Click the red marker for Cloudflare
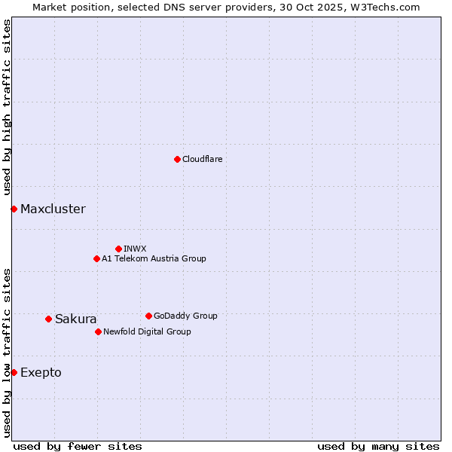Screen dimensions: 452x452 [177, 159]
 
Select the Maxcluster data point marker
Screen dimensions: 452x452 [14, 209]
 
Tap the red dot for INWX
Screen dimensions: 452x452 [118, 249]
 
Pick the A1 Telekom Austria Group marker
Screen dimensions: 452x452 [96, 258]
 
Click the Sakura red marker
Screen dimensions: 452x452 [48, 319]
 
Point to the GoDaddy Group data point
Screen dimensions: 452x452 [148, 316]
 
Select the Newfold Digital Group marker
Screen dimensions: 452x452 [98, 331]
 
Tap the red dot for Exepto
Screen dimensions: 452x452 [14, 372]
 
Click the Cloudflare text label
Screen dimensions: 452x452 [202, 159]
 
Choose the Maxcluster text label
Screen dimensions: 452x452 [53, 209]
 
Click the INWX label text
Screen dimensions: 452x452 [135, 249]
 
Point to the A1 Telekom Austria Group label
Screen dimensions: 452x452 [154, 258]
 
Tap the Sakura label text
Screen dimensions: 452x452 [75, 319]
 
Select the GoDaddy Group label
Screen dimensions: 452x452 [185, 316]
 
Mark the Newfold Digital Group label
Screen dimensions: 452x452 [147, 331]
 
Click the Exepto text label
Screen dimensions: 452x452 [41, 372]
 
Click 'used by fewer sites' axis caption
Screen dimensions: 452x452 [78, 446]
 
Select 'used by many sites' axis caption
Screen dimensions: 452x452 [378, 446]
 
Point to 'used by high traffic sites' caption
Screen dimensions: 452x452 [7, 107]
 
